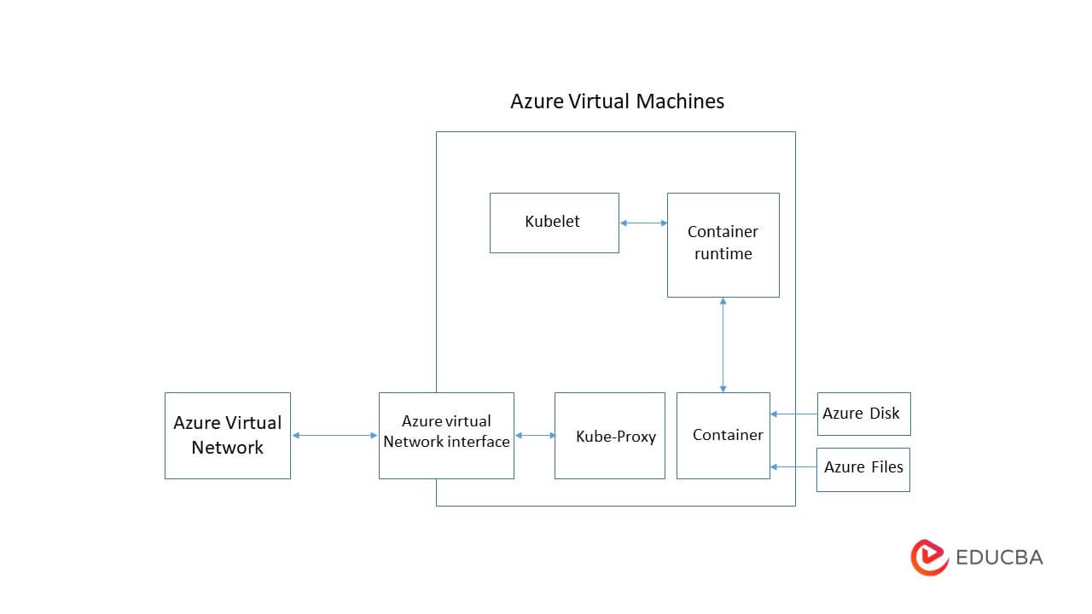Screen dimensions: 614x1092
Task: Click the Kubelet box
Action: [x=554, y=223]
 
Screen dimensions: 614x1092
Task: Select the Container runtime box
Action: [x=723, y=244]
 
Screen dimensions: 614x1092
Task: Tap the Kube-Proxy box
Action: [x=609, y=436]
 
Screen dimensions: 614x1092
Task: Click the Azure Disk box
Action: [x=863, y=414]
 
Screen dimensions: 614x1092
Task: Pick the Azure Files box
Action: [x=863, y=469]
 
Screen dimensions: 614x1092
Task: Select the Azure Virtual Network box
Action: [x=227, y=435]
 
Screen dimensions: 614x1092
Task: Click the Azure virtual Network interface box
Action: [x=446, y=435]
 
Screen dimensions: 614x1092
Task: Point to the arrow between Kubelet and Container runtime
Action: [x=643, y=223]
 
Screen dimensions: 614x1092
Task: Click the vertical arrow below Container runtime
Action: [x=723, y=345]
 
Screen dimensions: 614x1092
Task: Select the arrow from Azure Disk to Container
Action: [x=793, y=414]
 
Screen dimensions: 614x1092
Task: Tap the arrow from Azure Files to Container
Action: [x=793, y=466]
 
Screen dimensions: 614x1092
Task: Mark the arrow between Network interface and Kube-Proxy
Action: [x=535, y=436]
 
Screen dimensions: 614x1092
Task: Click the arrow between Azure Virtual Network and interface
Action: [x=334, y=436]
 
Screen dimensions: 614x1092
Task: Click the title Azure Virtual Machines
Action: [x=617, y=101]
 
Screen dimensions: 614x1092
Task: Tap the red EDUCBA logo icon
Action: [x=929, y=558]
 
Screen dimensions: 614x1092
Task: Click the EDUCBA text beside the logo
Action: [x=999, y=558]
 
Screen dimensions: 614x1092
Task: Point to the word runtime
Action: [x=723, y=254]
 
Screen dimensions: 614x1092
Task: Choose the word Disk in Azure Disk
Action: [x=884, y=414]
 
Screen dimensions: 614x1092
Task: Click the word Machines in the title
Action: [x=679, y=101]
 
